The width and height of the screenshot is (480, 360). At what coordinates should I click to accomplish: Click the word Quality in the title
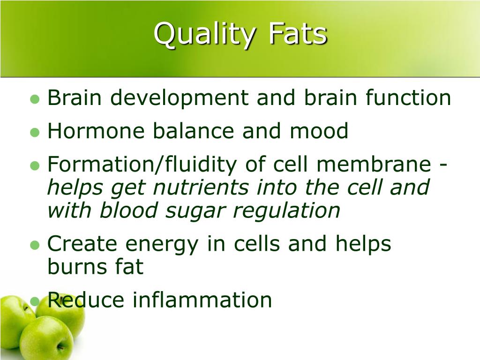[205, 35]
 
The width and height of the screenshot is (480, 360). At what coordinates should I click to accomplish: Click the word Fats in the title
[298, 35]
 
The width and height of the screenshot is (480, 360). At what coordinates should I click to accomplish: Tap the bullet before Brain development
[34, 99]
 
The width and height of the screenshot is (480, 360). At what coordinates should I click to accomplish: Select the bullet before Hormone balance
[34, 133]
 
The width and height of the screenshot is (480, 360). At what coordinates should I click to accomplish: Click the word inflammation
[202, 300]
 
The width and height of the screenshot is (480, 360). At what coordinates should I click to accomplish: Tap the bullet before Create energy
[34, 245]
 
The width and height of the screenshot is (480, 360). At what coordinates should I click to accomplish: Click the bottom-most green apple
[46, 338]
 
